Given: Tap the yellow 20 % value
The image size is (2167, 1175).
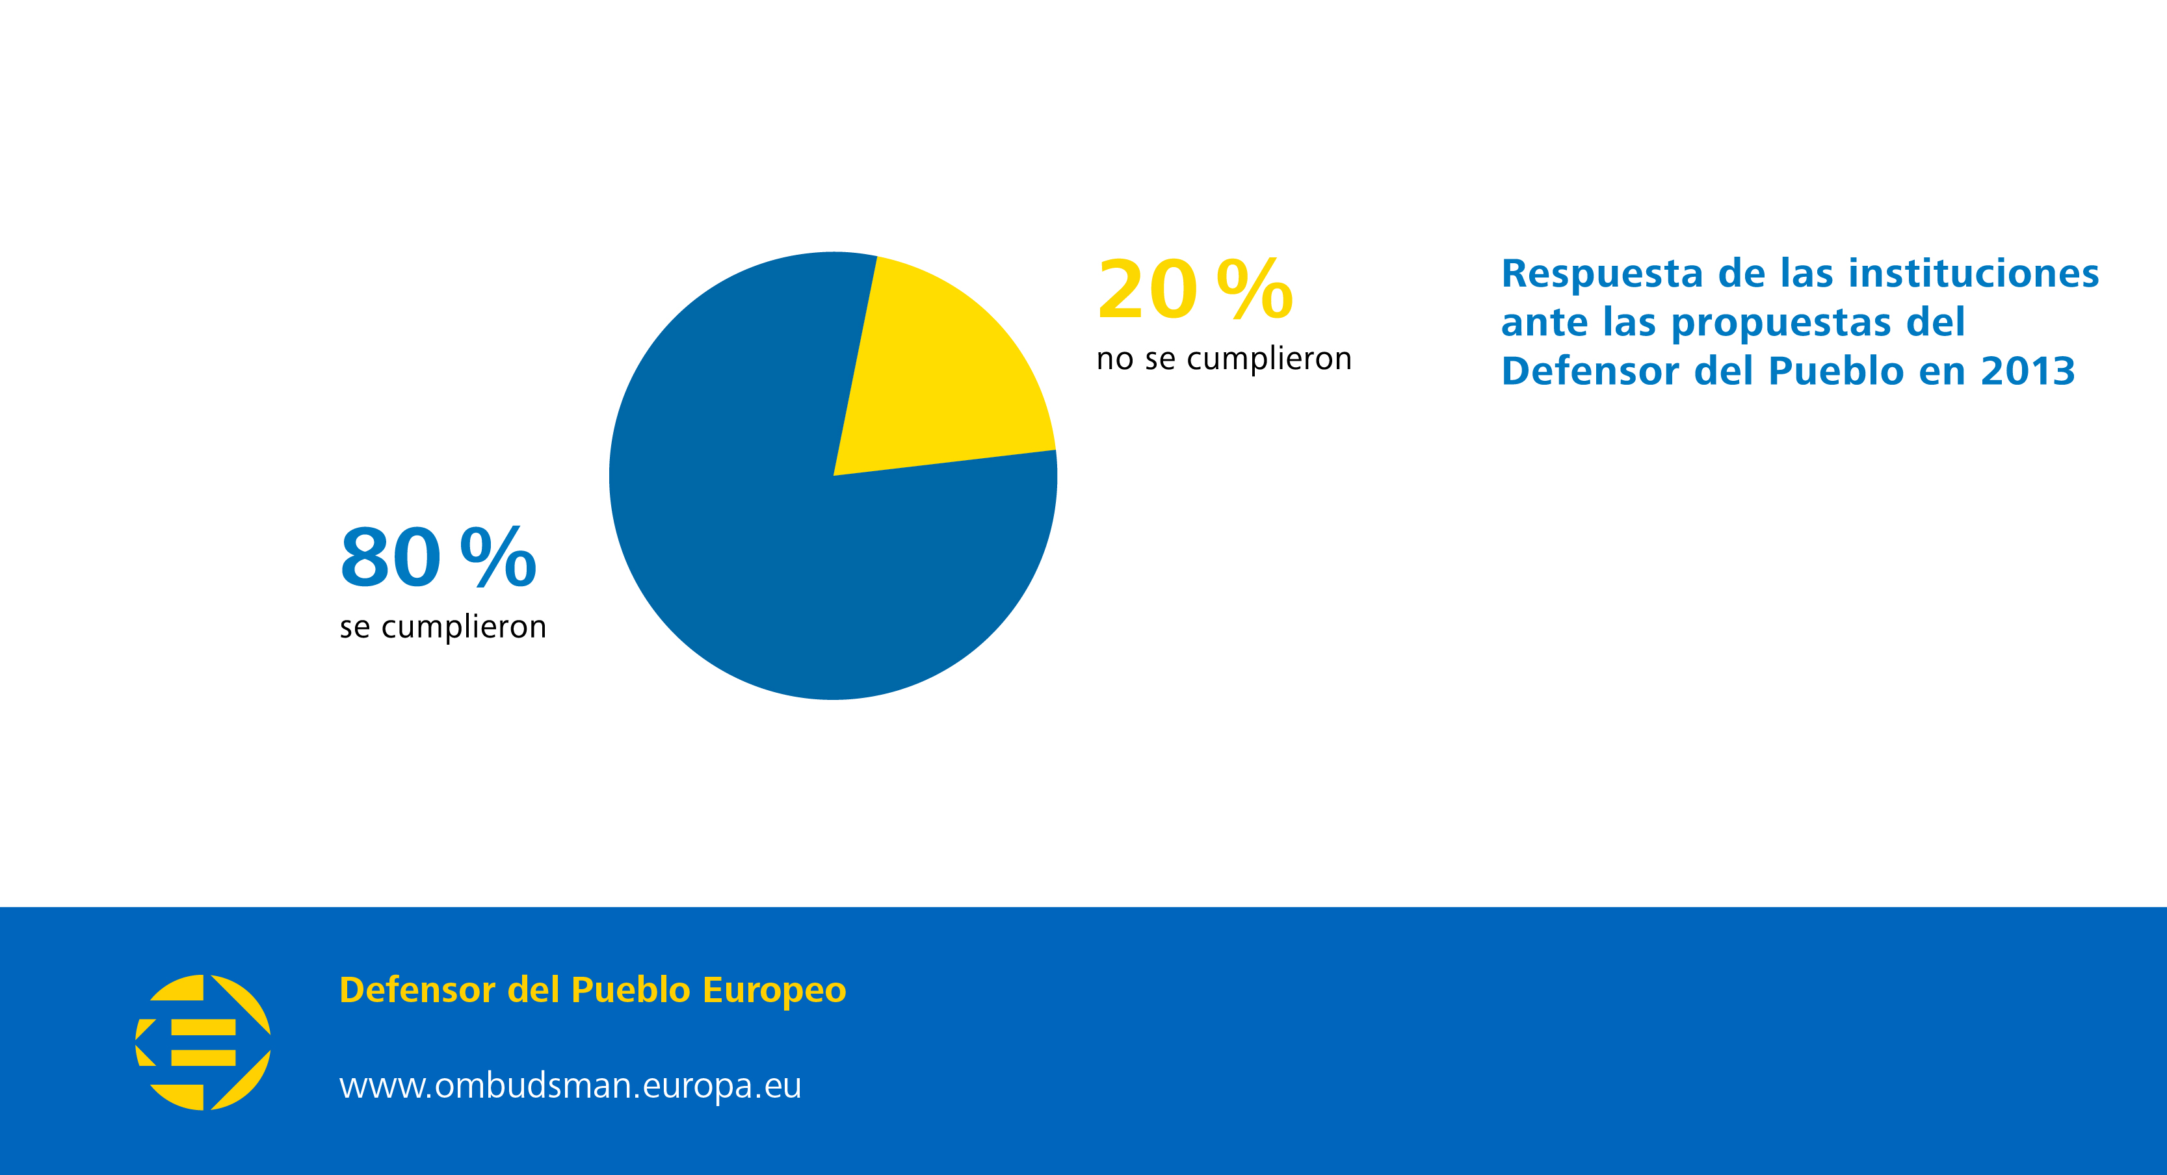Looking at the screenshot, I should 1194,290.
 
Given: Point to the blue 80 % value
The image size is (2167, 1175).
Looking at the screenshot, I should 438,558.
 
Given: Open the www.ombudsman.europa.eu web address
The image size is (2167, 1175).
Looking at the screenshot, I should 570,1086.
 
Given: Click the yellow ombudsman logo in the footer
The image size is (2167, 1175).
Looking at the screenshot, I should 204,1042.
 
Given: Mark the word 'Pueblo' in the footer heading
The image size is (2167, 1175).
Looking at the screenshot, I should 630,990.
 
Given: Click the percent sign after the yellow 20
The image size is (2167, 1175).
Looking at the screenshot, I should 1254,290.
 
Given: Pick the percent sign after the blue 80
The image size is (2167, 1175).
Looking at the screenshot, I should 498,558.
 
